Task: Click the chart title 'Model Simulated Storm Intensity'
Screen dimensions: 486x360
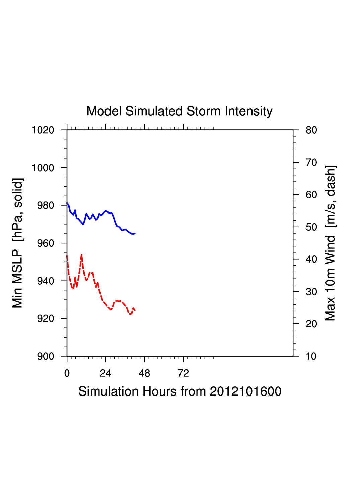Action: click(179, 111)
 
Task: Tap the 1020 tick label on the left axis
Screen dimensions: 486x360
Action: click(43, 130)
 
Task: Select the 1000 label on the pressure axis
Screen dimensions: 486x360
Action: click(43, 168)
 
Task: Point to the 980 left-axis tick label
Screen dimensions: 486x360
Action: click(46, 205)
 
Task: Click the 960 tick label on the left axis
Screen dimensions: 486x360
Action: click(46, 243)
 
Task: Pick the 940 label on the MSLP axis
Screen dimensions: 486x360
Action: click(46, 281)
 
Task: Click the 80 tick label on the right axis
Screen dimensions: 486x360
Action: click(311, 130)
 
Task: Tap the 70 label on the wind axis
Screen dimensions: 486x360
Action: click(311, 163)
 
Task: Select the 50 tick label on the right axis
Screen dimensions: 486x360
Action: click(311, 227)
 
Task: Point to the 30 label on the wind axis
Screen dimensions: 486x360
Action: click(311, 292)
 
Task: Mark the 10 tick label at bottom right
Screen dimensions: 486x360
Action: click(311, 356)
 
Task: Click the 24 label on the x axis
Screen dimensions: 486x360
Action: click(105, 373)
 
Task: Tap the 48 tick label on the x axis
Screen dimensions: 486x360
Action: click(144, 373)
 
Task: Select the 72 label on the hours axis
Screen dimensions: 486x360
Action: click(183, 373)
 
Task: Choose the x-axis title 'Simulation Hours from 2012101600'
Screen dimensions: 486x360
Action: click(180, 391)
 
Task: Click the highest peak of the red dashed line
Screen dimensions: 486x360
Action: click(81, 255)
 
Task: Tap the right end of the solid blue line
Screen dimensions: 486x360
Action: click(135, 233)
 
